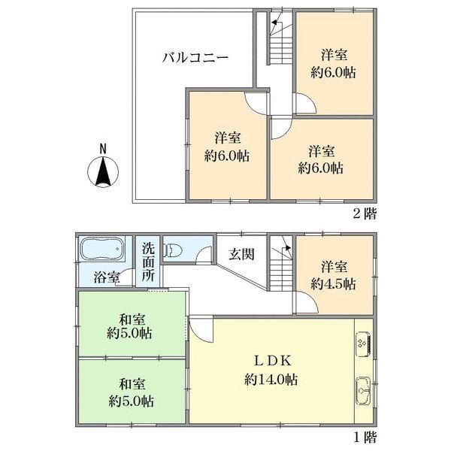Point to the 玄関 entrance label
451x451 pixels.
[x=241, y=254]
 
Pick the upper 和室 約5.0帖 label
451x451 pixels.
[x=131, y=325]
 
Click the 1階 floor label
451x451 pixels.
[x=365, y=436]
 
